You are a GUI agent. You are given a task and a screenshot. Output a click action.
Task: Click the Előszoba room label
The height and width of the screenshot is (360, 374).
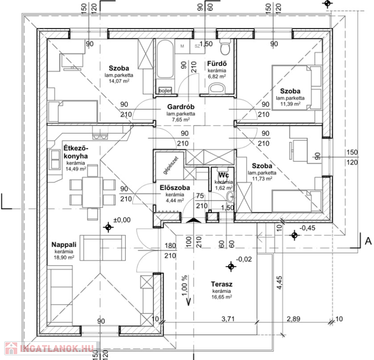point(174,188)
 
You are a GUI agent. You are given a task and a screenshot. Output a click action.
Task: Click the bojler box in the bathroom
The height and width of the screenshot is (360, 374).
point(165,90)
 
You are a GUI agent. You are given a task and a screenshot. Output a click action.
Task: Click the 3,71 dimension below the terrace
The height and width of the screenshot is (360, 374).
point(229,319)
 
